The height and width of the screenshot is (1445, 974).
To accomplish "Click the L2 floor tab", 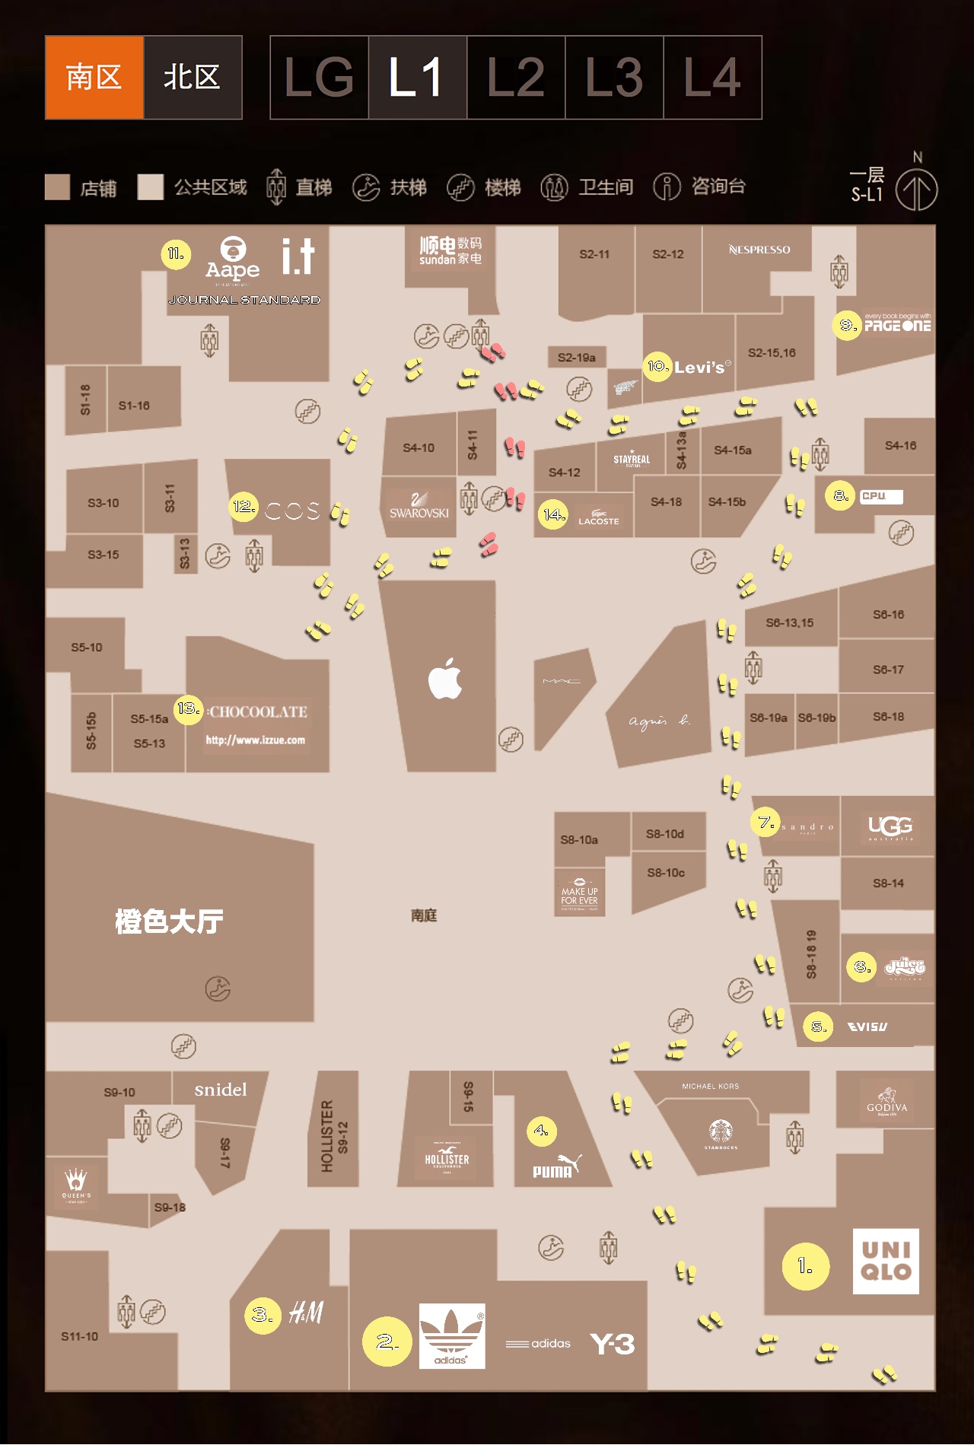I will click(516, 78).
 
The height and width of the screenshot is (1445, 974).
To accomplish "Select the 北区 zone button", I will click(193, 78).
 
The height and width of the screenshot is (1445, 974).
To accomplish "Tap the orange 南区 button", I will click(94, 78).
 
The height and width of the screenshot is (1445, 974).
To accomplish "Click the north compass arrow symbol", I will click(916, 189).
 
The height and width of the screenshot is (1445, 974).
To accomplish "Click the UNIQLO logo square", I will click(886, 1261).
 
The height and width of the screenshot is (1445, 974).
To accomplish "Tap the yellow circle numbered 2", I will click(387, 1342).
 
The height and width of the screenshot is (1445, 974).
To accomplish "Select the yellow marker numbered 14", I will click(553, 515).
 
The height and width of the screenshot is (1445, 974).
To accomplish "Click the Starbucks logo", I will click(721, 1132).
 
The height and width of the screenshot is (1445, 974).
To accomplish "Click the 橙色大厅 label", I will click(169, 921).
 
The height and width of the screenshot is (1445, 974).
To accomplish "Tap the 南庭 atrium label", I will click(424, 915).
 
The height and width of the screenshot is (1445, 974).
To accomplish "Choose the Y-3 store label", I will click(613, 1344).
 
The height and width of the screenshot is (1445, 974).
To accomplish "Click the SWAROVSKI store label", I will click(419, 506).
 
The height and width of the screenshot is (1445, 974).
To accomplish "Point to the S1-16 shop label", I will click(134, 406).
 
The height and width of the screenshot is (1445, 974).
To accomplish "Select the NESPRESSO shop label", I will click(759, 250).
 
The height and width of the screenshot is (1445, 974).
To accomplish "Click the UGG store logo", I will click(890, 826).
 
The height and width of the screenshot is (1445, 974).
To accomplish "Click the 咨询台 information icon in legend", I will click(667, 186).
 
